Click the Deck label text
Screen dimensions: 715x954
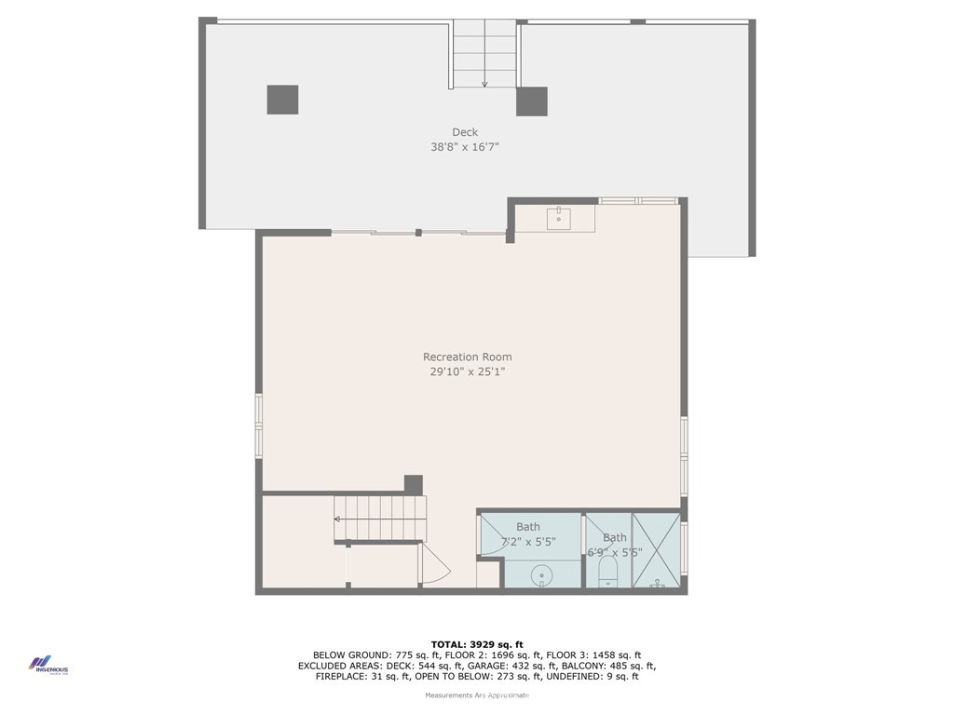pyautogui.click(x=465, y=132)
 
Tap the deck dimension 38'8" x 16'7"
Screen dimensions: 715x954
pyautogui.click(x=465, y=147)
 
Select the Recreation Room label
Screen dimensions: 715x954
pyautogui.click(x=467, y=357)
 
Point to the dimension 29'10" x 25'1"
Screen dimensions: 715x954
pyautogui.click(x=467, y=371)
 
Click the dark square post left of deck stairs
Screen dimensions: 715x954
pyautogui.click(x=282, y=100)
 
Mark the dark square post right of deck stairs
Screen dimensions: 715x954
pyautogui.click(x=531, y=101)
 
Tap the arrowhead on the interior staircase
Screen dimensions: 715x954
pyautogui.click(x=338, y=519)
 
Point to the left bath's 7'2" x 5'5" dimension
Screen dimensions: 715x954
pyautogui.click(x=528, y=542)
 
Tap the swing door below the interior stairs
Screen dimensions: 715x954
pyautogui.click(x=434, y=565)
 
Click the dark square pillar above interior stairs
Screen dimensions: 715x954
pyautogui.click(x=413, y=485)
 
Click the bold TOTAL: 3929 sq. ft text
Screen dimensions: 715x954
pyautogui.click(x=476, y=644)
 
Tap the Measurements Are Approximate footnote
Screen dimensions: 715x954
pyautogui.click(x=476, y=695)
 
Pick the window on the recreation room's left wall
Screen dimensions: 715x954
pyautogui.click(x=259, y=425)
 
